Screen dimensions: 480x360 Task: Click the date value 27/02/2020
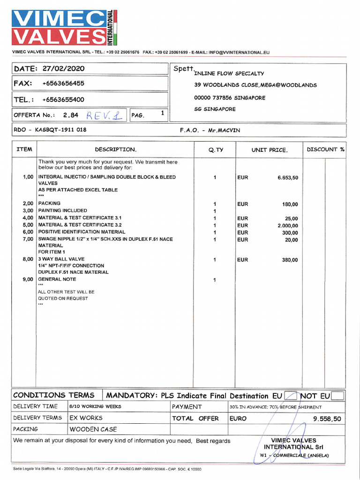(63, 68)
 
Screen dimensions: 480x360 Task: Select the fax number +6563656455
(63, 83)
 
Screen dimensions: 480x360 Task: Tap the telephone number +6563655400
(63, 99)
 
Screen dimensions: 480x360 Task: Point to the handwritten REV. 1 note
(104, 115)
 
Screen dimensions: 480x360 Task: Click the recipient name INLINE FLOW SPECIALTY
(229, 74)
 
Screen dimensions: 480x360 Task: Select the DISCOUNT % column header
(325, 150)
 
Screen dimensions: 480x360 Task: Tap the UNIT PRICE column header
(270, 150)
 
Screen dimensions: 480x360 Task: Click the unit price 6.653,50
(287, 178)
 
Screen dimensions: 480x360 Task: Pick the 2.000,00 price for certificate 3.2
(287, 225)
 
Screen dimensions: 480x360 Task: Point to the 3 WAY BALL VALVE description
(61, 259)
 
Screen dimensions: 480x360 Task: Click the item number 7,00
(28, 239)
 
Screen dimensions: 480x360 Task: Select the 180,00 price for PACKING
(290, 204)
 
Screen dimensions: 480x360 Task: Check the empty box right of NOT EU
(337, 396)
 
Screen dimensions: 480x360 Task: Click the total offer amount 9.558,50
(327, 419)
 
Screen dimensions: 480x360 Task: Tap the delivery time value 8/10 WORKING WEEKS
(95, 406)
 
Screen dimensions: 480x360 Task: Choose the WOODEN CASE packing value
(93, 429)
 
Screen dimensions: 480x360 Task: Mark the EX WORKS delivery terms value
(86, 418)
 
